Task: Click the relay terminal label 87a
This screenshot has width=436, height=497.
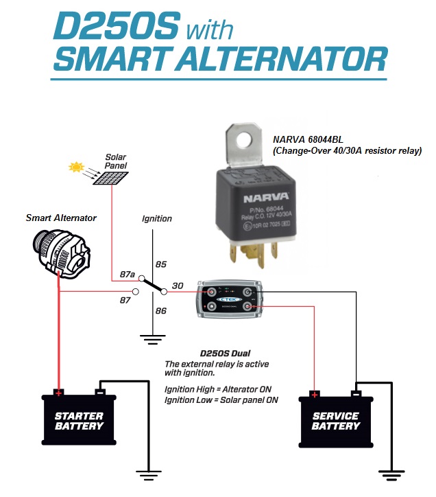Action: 128,275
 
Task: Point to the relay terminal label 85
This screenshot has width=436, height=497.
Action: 161,264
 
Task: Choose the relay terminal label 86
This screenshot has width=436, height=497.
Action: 162,311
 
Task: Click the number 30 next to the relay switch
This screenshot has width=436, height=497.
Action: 178,286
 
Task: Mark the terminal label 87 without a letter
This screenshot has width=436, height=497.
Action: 125,299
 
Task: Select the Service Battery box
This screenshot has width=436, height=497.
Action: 335,420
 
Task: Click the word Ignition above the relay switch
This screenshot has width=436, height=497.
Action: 156,219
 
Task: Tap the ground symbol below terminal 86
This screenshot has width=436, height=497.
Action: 152,338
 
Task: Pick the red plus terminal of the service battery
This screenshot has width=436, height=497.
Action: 315,395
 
